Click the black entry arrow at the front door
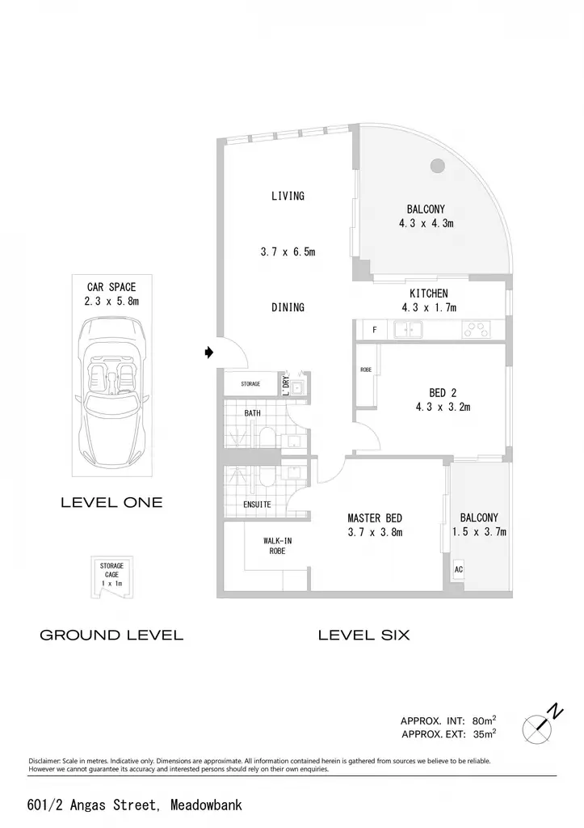tap(209, 353)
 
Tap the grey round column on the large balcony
tap(437, 166)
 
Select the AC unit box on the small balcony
tap(459, 570)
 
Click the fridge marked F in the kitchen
tap(375, 330)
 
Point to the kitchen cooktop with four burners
tap(476, 330)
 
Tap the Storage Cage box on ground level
tap(111, 577)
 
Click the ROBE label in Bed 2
tap(366, 370)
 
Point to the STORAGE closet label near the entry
tap(250, 384)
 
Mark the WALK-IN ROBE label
tap(278, 546)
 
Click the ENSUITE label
tap(257, 505)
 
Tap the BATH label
tap(252, 413)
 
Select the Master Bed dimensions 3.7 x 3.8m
tap(375, 532)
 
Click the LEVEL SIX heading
tap(364, 635)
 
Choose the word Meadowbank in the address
tap(206, 805)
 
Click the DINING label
tap(288, 306)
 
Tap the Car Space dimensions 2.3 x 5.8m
tap(111, 301)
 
